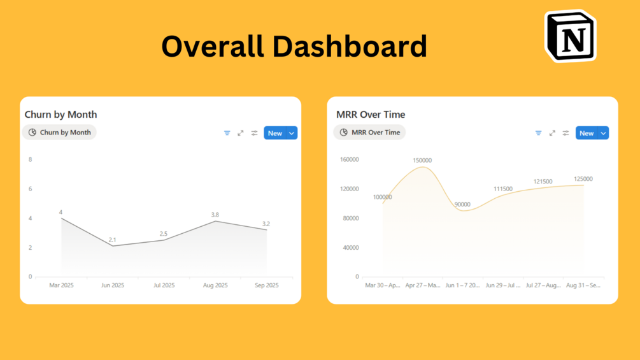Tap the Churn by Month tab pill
59,133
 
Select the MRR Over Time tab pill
369,133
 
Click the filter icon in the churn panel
227,133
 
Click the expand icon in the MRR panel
552,133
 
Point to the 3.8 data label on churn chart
215,215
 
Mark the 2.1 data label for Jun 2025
112,240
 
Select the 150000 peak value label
422,161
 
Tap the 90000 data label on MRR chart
462,205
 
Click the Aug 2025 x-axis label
215,285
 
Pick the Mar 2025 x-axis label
61,285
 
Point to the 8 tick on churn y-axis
31,159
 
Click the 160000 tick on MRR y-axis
349,159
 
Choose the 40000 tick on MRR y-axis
350,247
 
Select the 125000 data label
583,179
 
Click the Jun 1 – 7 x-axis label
462,285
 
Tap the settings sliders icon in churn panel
254,133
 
